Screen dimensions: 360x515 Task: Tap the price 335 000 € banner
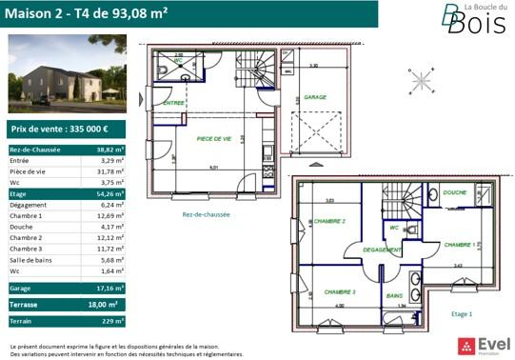pos(65,128)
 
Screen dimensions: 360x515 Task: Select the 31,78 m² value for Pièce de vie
pos(112,171)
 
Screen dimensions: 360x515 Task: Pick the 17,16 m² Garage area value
pos(112,287)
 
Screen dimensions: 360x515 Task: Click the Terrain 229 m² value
pos(114,322)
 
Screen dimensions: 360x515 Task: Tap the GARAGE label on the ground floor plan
pos(315,97)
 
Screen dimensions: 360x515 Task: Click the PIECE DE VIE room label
pos(214,139)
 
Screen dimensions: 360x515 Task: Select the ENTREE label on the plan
pos(173,103)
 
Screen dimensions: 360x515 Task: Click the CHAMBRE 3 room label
pos(340,291)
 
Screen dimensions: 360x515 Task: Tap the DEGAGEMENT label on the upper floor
pos(381,250)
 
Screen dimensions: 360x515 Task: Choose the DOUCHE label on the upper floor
pos(454,193)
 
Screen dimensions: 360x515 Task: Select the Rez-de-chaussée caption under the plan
pos(207,214)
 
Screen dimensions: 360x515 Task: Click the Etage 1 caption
pos(462,313)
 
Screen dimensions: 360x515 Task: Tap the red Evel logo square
pos(465,344)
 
